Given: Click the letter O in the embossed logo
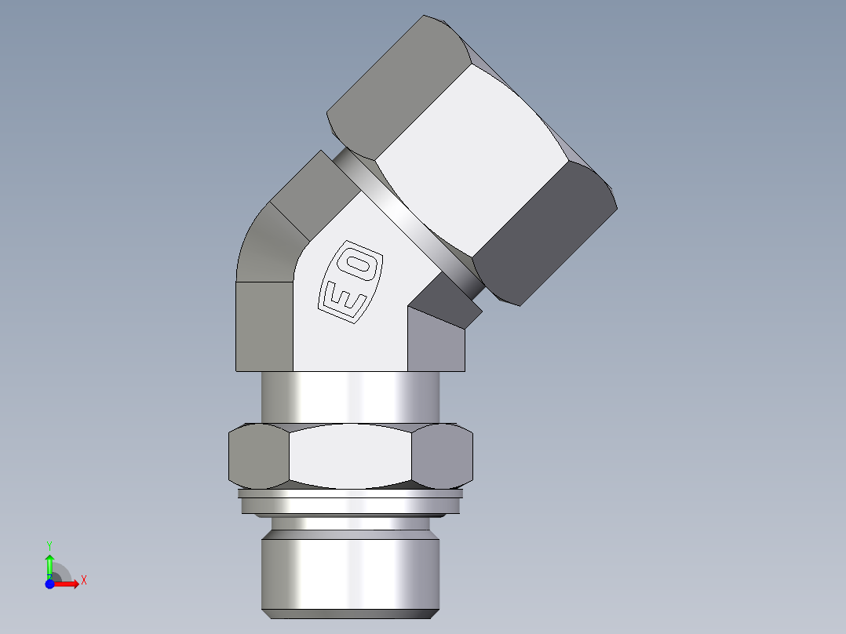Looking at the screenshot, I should [x=362, y=264].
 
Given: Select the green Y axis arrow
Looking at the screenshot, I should [x=49, y=564].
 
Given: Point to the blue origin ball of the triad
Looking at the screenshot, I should [x=49, y=584].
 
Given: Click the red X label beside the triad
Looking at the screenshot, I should [x=84, y=581].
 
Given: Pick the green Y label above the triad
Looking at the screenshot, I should [x=49, y=545].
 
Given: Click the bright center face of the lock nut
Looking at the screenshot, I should [x=350, y=456].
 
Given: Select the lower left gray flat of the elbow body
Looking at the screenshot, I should [x=264, y=326].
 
